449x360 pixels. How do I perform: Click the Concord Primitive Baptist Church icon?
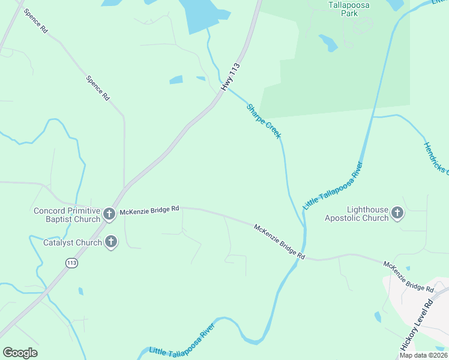[x=109, y=214]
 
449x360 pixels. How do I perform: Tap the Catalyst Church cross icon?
[x=110, y=242]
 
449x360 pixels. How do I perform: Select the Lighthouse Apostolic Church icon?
[x=397, y=213]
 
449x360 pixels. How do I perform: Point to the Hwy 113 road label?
[x=231, y=77]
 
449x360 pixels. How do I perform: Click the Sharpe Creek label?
[x=264, y=121]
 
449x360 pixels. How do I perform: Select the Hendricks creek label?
[x=436, y=158]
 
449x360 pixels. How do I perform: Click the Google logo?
[x=20, y=353]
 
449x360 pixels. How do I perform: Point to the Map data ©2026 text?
[x=423, y=355]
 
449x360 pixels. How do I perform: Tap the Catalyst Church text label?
[x=73, y=243]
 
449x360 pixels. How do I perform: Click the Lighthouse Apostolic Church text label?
[x=357, y=214]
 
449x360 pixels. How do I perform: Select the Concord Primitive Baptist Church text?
[x=67, y=215]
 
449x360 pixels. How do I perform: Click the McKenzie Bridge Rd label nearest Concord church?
[x=149, y=209]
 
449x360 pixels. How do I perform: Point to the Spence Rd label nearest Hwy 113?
[x=98, y=88]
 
